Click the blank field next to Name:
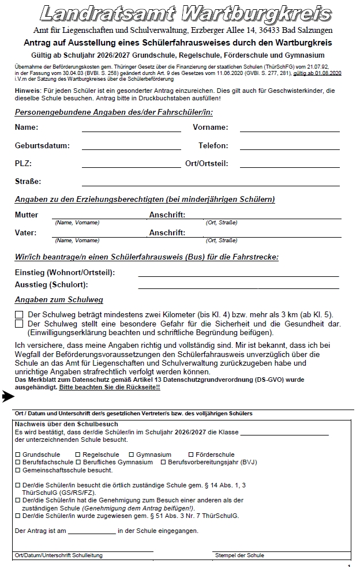click(x=131, y=129)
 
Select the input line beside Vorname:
click(x=290, y=129)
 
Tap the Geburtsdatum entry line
click(x=131, y=148)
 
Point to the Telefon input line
click(x=290, y=148)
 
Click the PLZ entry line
click(x=131, y=166)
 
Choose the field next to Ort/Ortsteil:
click(x=290, y=166)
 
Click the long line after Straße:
click(x=211, y=183)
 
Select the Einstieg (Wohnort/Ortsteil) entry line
click(x=237, y=275)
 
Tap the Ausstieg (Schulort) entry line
click(x=237, y=287)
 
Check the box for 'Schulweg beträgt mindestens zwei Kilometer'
click(x=19, y=315)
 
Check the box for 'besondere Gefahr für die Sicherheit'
click(x=19, y=324)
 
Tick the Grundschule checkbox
click(x=17, y=455)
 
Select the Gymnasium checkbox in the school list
click(x=132, y=455)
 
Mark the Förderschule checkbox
click(x=191, y=455)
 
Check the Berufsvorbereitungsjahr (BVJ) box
click(x=163, y=462)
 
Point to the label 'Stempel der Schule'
click(x=239, y=555)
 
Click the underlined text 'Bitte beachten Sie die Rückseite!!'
click(x=110, y=388)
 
